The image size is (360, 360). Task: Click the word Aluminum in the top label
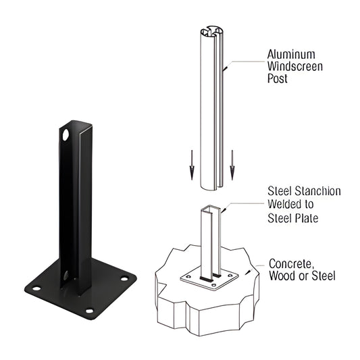coord(292,53)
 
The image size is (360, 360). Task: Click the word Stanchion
coord(315,191)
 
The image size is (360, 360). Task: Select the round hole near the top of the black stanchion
coord(67,136)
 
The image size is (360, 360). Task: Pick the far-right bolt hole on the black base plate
coord(124,278)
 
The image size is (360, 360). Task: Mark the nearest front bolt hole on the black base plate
coord(90,310)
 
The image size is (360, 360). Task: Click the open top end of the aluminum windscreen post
coord(211,32)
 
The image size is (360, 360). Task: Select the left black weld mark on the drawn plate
coord(203,278)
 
